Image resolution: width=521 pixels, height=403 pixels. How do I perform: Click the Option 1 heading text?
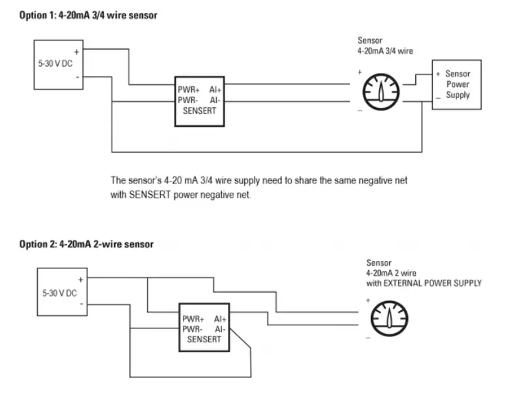click(87, 15)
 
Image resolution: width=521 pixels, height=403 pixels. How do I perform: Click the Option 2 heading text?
click(86, 244)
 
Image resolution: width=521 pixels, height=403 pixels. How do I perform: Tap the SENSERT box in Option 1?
click(199, 101)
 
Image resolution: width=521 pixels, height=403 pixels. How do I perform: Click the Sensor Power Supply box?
click(457, 85)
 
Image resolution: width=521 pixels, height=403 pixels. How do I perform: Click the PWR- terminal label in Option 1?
click(189, 101)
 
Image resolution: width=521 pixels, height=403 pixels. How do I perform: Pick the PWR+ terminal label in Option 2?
click(193, 319)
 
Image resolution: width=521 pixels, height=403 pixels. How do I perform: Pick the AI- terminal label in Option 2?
click(219, 329)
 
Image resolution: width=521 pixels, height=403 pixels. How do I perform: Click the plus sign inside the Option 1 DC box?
click(77, 51)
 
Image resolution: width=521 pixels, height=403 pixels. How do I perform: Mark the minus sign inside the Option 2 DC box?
click(80, 304)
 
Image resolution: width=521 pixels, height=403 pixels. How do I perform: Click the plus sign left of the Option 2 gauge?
click(367, 300)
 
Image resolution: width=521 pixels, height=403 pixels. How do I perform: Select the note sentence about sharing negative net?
click(259, 187)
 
